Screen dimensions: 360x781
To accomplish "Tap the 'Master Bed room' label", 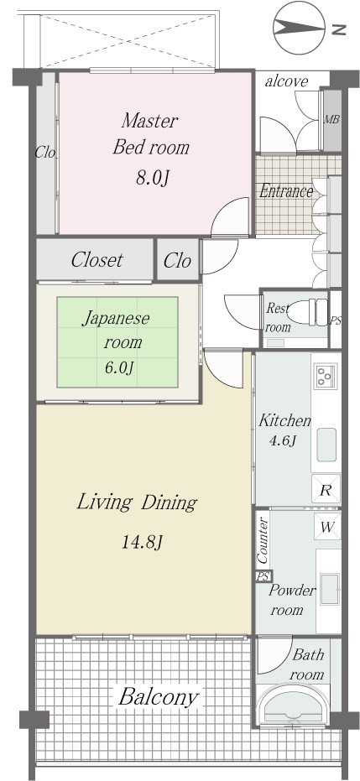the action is tap(150, 134).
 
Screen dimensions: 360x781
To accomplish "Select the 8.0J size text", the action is tap(150, 178).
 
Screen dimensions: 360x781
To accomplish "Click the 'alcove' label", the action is tap(286, 81).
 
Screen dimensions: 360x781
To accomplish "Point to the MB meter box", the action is tap(332, 119).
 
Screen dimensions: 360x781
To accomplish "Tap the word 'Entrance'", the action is tap(286, 191).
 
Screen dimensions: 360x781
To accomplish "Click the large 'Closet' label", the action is tap(97, 259).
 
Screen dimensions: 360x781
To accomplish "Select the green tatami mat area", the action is tap(117, 341).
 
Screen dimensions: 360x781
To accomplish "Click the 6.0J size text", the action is tap(118, 367).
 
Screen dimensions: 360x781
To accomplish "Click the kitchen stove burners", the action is tap(326, 374).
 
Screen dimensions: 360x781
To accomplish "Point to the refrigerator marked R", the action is tap(326, 489).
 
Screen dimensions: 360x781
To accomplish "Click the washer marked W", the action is tap(327, 527).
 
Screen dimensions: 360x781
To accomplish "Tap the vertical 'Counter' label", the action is tap(263, 540).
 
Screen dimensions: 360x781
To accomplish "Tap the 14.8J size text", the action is tap(142, 541).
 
